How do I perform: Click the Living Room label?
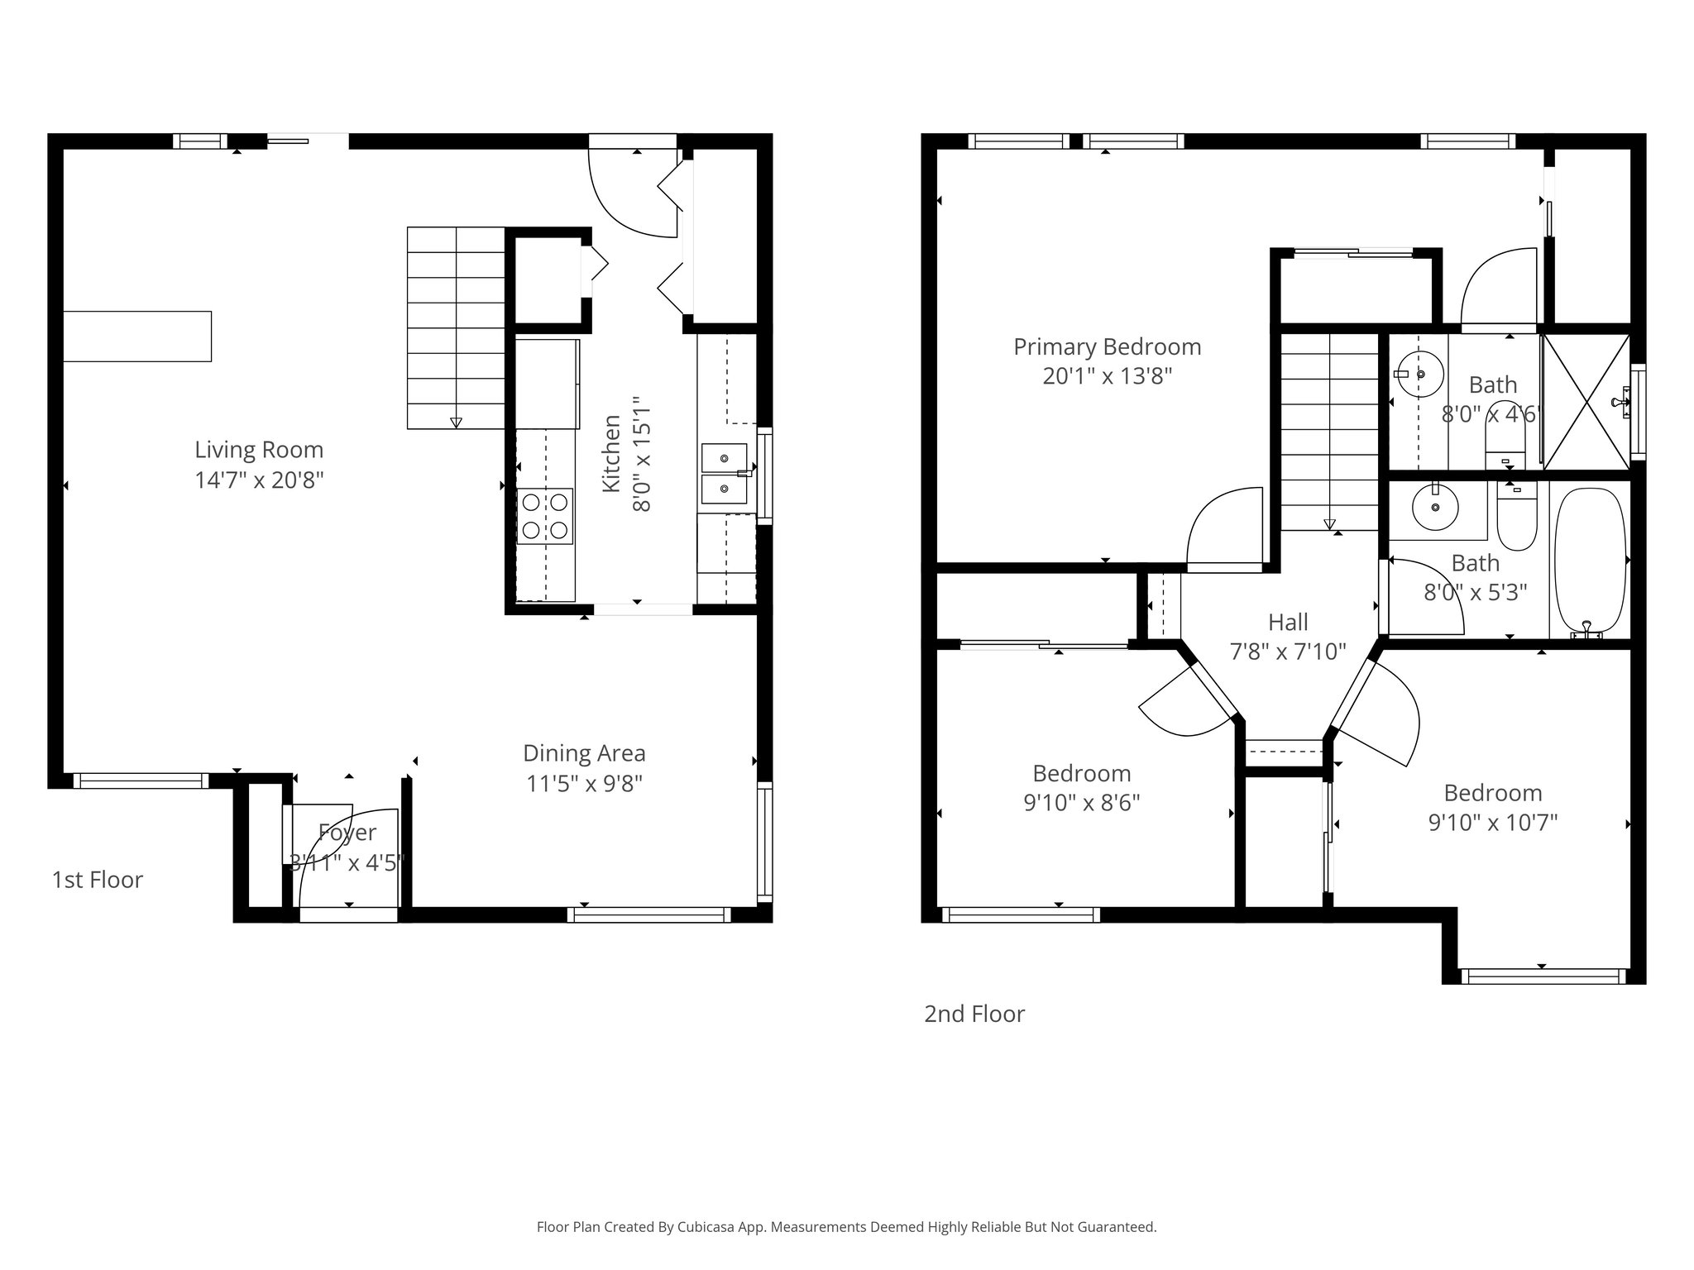(x=259, y=450)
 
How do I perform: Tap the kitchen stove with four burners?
(x=545, y=516)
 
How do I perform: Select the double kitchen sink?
(x=724, y=474)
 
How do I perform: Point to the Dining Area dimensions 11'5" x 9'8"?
(x=584, y=784)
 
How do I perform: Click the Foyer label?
(x=347, y=833)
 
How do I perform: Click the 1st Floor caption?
(x=98, y=880)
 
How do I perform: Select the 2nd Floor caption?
(x=974, y=1015)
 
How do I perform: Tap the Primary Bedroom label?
(x=1107, y=347)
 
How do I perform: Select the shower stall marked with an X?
(x=1585, y=402)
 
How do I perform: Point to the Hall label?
(x=1288, y=623)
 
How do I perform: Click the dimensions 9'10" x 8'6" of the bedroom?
(x=1081, y=803)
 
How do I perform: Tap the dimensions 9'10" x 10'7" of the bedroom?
(x=1492, y=823)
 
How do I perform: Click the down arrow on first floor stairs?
(x=456, y=423)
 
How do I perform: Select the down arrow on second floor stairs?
(x=1329, y=523)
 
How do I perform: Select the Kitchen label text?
(x=611, y=454)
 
